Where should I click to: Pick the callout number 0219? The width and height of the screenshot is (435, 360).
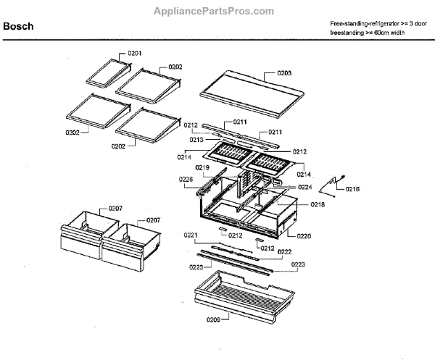[202, 168]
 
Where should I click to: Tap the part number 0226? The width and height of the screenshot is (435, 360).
[186, 180]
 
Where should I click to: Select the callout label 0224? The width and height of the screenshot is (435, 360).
[304, 187]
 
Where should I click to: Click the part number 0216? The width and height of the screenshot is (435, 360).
[353, 189]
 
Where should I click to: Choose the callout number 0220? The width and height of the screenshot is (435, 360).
[304, 235]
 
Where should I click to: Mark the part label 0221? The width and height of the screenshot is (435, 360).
[191, 235]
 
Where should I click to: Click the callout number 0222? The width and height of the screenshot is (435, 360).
[284, 252]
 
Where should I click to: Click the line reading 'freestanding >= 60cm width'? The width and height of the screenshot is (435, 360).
[368, 33]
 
